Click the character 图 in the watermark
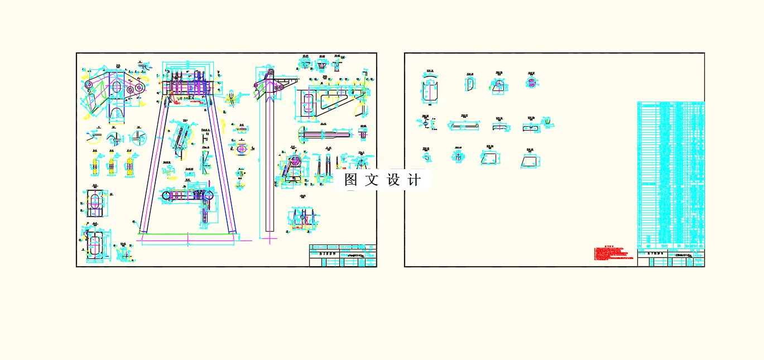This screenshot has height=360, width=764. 350,180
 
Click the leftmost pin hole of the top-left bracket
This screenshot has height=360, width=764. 89,84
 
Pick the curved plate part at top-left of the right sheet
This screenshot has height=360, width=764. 430,89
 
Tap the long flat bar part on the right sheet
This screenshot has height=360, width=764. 464,126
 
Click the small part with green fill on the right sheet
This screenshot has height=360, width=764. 497,84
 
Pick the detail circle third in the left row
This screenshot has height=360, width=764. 137,137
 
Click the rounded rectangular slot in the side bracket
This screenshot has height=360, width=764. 307,105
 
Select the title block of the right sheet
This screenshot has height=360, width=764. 671,258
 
